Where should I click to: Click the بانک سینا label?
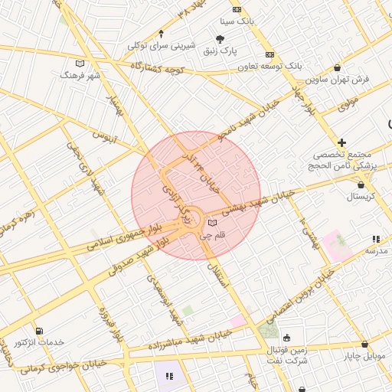[237, 21]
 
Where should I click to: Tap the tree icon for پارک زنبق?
[220, 39]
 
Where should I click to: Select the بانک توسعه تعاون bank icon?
[269, 55]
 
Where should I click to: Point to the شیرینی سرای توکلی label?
[161, 46]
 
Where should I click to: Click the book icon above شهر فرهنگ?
[80, 64]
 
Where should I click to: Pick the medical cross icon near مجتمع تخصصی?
[341, 142]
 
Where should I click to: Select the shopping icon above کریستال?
[361, 185]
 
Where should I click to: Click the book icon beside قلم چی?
[212, 224]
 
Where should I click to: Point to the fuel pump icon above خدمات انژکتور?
[39, 331]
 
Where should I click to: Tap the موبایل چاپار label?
[363, 356]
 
